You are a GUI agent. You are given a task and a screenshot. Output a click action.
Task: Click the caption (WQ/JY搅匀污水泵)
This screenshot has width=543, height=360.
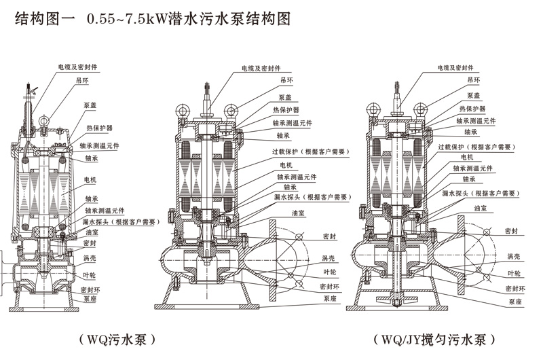pyautogui.click(x=432, y=338)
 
